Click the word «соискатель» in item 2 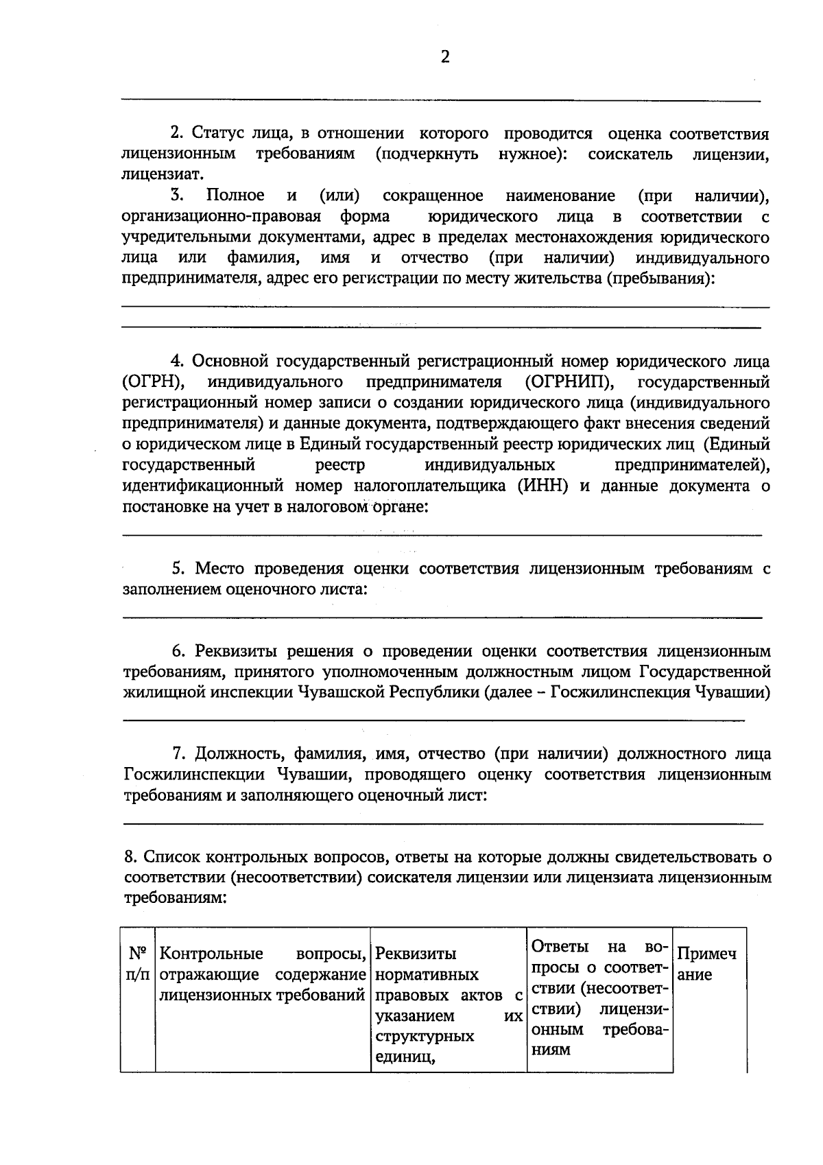(x=630, y=154)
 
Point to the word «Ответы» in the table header (x=560, y=947)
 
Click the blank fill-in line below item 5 (x=442, y=617)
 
